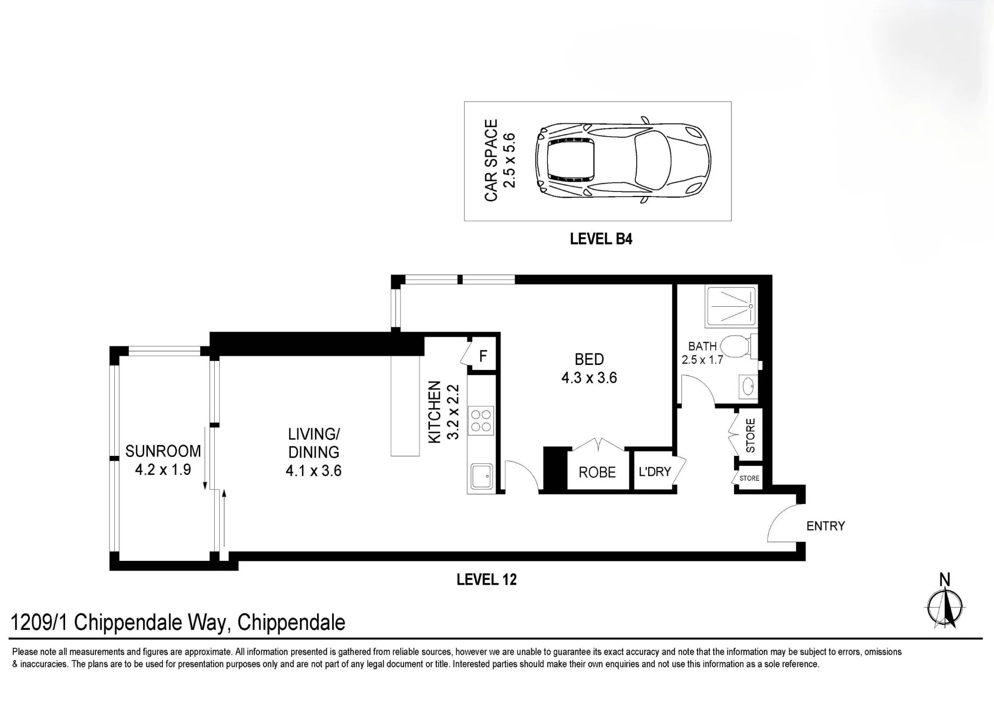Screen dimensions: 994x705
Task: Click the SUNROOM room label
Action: point(163,451)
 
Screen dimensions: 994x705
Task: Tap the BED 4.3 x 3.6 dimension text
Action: point(589,378)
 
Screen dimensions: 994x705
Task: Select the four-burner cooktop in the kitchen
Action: point(481,421)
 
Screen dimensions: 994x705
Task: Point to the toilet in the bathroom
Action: point(738,346)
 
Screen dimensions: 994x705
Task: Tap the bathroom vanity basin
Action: point(748,386)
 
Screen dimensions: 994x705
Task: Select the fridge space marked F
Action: point(483,355)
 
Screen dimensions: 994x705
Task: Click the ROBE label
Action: point(597,472)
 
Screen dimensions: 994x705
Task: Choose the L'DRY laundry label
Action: point(655,471)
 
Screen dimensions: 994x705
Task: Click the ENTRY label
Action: point(826,526)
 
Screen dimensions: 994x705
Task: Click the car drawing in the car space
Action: point(623,161)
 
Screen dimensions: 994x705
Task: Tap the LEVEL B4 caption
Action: point(601,239)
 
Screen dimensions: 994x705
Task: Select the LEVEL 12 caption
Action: point(487,579)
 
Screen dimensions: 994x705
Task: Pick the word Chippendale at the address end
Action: point(291,622)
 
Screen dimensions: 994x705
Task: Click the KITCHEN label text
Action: point(434,412)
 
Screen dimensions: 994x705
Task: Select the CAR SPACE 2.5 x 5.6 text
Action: point(499,160)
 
